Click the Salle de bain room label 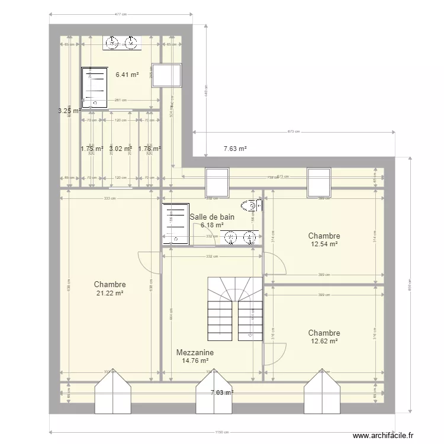point(212,217)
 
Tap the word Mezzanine point(195,352)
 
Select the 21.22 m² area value point(110,293)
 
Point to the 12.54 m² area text point(324,244)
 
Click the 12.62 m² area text point(324,342)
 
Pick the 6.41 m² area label point(127,75)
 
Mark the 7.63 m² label point(234,149)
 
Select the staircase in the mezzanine point(234,308)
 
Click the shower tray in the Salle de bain point(175,223)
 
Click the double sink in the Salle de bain point(241,237)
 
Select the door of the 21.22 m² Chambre point(150,262)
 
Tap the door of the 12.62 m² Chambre point(274,354)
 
